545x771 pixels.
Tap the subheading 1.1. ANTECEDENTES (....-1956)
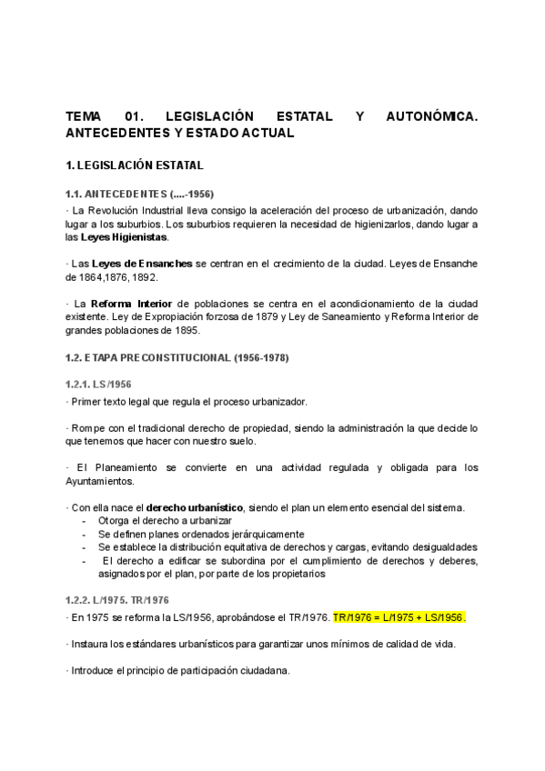[139, 194]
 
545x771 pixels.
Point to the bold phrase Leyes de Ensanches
[145, 264]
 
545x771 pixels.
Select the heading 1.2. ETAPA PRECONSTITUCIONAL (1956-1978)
[177, 357]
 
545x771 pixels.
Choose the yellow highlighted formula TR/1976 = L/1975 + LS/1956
[399, 617]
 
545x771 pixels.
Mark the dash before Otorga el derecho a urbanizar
[85, 521]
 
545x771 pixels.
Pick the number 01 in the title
[134, 116]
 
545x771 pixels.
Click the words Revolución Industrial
[128, 210]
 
